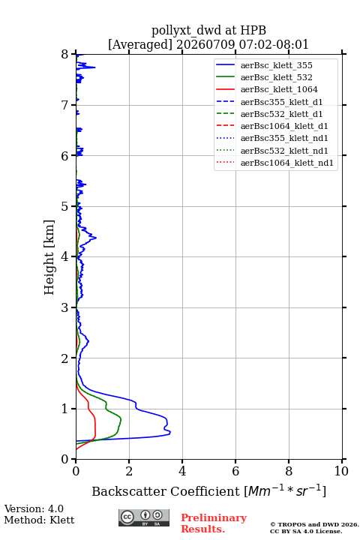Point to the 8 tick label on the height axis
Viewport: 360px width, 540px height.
[64, 55]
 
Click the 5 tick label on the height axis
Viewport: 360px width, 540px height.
[64, 206]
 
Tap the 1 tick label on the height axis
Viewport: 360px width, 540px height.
[64, 409]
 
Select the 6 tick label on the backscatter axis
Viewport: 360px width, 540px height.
[235, 471]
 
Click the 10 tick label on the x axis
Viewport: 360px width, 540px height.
[341, 471]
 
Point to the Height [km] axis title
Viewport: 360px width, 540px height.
[49, 257]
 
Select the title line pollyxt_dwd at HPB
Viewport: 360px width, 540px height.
[208, 30]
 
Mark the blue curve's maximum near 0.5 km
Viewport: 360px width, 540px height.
[170, 433]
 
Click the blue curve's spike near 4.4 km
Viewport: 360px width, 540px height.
[96, 238]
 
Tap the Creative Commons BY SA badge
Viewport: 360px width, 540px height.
[144, 517]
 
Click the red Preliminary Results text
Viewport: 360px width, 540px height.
[214, 523]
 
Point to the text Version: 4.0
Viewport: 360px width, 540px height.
[34, 508]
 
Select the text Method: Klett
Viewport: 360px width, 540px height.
[39, 520]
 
